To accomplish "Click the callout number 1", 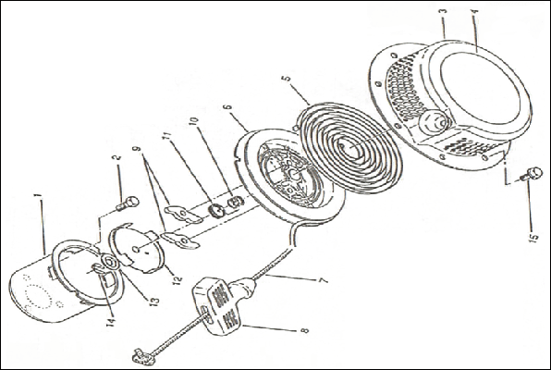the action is (40, 195).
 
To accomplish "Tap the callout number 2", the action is (117, 158).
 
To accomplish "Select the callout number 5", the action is (288, 78).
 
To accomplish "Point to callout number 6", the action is (227, 107).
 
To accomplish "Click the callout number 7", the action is (323, 280).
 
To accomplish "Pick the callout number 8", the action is (304, 330).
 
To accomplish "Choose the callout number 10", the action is (193, 123).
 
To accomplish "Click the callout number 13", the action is (153, 301).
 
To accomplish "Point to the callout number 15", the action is (533, 238).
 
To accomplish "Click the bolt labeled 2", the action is (128, 203).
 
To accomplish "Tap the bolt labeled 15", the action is (531, 173).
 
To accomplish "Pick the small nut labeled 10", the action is (236, 203).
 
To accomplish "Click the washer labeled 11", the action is (216, 211).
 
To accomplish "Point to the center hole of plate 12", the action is (136, 250).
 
